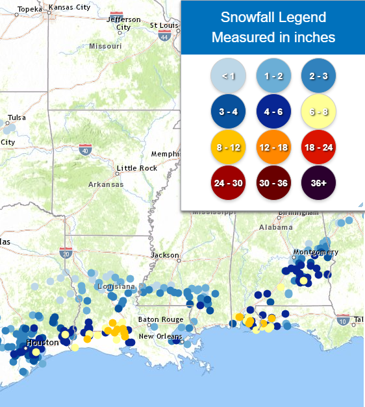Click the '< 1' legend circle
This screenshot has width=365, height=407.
228,76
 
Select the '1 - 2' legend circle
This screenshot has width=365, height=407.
273,76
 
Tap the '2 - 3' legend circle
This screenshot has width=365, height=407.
318,76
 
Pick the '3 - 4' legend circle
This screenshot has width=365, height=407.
228,112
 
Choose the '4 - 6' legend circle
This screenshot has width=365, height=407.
273,112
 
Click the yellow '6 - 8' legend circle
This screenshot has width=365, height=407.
318,112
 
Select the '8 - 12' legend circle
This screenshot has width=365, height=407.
228,147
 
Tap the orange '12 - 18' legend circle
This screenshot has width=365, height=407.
273,147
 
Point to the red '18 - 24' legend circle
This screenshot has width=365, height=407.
318,147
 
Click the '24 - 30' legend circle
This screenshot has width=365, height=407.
228,183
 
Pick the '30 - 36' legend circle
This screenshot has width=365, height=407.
273,183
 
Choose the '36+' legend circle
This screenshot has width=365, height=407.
318,183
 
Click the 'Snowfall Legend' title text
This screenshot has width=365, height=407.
273,18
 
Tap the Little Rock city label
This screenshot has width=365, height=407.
137,168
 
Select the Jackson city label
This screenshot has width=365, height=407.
164,255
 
